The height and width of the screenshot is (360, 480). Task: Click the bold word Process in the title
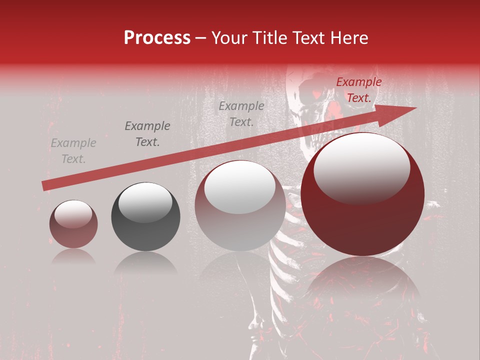(x=157, y=38)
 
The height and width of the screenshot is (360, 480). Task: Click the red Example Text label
(x=358, y=90)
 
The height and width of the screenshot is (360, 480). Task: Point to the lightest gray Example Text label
(x=73, y=151)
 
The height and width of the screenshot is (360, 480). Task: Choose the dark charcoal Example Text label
(x=147, y=134)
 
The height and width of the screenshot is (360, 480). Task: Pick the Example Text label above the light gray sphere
(x=241, y=113)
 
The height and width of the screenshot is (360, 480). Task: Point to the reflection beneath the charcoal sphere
(x=145, y=263)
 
